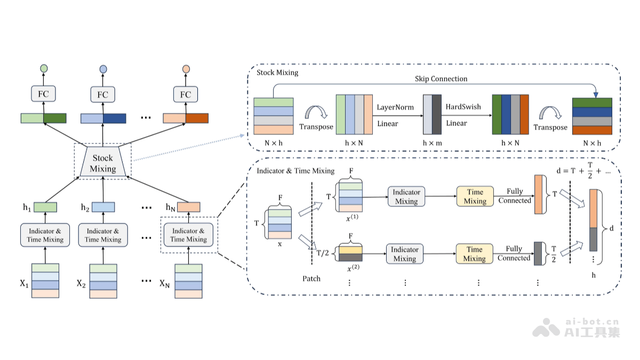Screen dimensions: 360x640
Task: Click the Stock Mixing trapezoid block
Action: (103, 163)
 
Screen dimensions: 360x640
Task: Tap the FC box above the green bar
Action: (43, 94)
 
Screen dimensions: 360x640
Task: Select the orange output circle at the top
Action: (186, 69)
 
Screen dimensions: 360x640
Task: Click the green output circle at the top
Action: (44, 69)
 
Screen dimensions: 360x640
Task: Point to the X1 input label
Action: (23, 283)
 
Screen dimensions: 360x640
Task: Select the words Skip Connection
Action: (441, 79)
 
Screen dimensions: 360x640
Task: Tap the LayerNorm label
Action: (395, 107)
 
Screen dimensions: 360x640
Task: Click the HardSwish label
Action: (463, 107)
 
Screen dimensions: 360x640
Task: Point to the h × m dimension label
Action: (432, 142)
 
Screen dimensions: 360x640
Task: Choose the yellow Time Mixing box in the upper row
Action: (475, 196)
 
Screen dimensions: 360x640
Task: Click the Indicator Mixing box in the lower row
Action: (404, 254)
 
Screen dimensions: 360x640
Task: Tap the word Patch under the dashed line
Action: (311, 278)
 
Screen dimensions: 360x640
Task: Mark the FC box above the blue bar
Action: (103, 94)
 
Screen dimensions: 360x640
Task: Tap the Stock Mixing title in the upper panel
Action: (277, 72)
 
